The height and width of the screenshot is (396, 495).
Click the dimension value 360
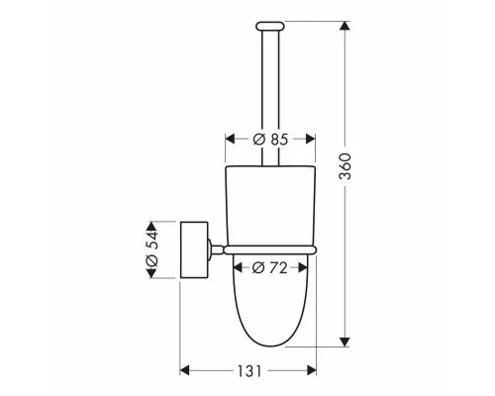[x=346, y=166]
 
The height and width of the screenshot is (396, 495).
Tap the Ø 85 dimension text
[x=270, y=140]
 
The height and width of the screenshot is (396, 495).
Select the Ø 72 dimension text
[x=269, y=268]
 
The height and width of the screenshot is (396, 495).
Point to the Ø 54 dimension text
[x=151, y=249]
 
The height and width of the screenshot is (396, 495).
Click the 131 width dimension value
[x=249, y=371]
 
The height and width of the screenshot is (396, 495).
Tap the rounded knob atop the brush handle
[x=270, y=26]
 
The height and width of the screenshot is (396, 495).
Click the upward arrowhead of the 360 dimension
[x=345, y=27]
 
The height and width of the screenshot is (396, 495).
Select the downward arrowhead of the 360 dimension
[x=345, y=342]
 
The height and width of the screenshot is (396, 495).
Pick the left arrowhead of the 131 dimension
[x=185, y=370]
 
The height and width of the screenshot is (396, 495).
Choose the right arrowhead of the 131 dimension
[x=311, y=370]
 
